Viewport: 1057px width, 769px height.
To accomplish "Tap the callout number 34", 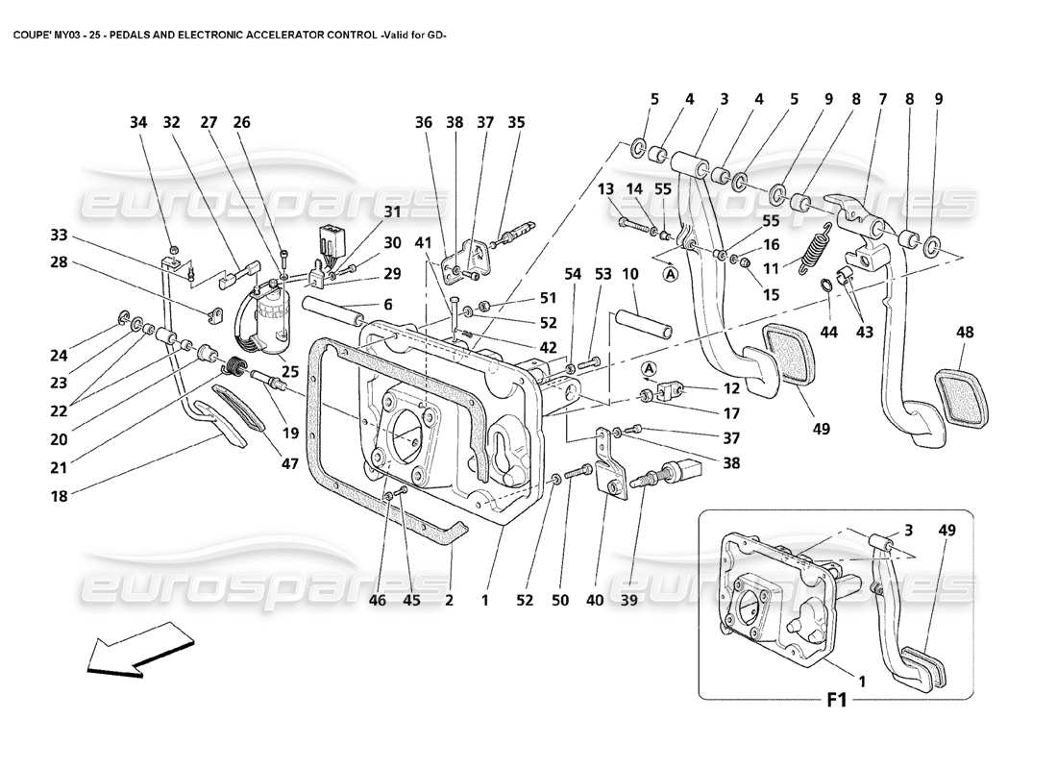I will pyautogui.click(x=138, y=123).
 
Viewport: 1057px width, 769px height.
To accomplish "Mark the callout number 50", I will pyautogui.click(x=561, y=601).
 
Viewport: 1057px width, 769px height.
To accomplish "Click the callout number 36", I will pyautogui.click(x=424, y=123).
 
